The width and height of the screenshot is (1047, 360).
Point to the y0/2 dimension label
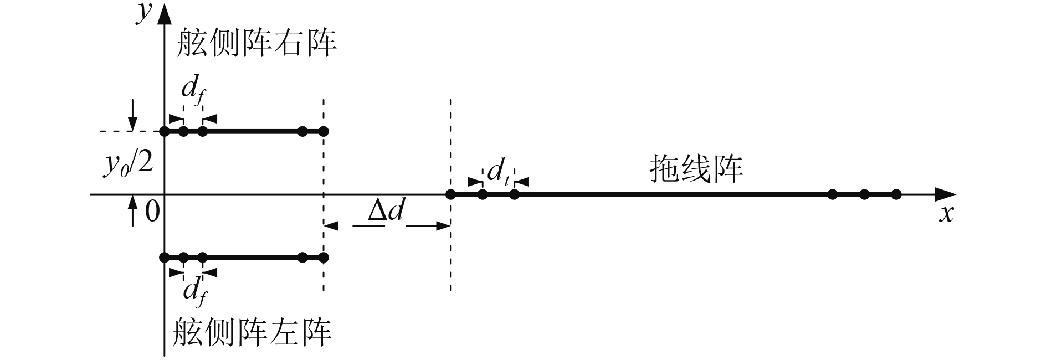click(x=129, y=164)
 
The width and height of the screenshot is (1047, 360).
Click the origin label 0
click(x=152, y=212)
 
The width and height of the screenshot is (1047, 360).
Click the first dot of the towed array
click(x=450, y=194)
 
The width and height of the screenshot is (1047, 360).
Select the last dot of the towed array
click(x=896, y=194)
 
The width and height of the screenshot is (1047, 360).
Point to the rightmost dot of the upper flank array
click(x=324, y=131)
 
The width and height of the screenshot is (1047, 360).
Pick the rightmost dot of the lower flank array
click(x=324, y=258)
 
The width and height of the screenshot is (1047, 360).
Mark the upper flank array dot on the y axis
click(x=164, y=131)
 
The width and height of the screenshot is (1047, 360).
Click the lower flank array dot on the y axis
click(x=164, y=258)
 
